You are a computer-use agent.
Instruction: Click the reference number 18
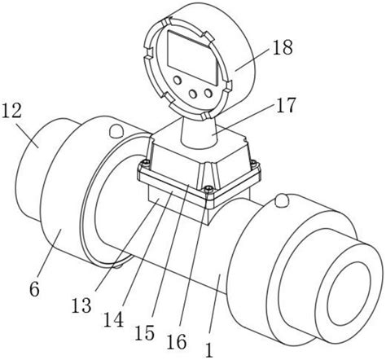click(283, 47)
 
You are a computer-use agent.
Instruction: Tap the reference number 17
click(285, 105)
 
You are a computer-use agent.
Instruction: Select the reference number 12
click(11, 111)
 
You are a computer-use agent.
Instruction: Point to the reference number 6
click(34, 289)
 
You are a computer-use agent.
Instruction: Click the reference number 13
click(81, 305)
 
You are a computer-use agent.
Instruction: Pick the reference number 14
click(114, 319)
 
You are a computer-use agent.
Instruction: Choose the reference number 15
click(145, 332)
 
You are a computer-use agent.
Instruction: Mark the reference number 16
click(177, 341)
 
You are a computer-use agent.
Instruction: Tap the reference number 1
click(209, 350)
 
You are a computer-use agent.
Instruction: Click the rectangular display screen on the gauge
click(193, 57)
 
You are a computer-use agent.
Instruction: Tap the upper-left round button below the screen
click(178, 80)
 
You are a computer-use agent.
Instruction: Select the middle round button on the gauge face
click(193, 94)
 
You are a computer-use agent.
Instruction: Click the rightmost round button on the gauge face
click(208, 93)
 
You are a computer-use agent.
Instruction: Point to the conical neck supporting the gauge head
click(199, 132)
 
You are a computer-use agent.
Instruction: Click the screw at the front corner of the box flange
click(208, 188)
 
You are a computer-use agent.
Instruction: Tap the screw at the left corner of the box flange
click(146, 162)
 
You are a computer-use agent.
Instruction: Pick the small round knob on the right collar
click(282, 200)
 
